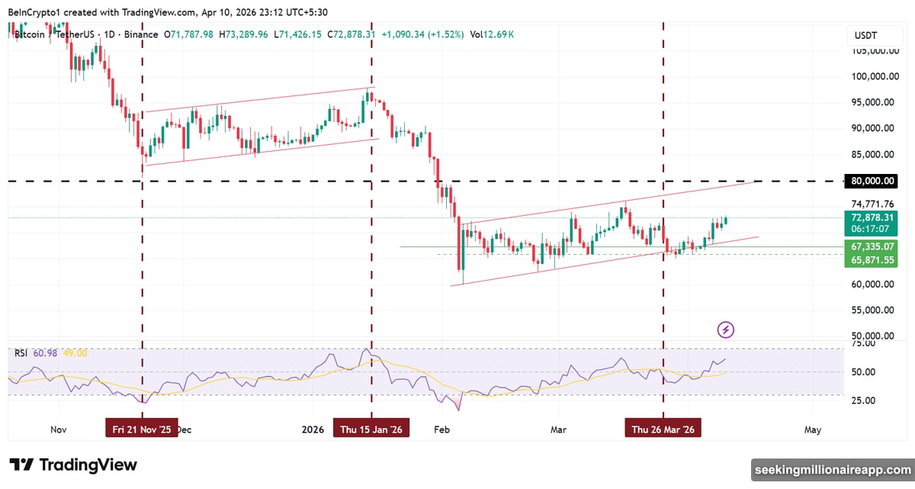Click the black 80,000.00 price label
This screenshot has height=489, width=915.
click(871, 182)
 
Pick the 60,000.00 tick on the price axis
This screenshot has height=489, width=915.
click(872, 285)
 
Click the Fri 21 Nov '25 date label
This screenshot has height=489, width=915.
click(142, 429)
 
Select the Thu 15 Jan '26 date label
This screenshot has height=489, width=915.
click(371, 429)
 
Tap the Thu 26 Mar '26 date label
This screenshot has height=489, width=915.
click(663, 429)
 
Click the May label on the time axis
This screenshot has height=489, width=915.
click(813, 429)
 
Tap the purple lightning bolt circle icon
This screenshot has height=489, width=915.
click(726, 330)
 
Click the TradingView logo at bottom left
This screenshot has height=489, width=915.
click(73, 465)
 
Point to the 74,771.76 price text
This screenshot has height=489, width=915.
click(872, 204)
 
